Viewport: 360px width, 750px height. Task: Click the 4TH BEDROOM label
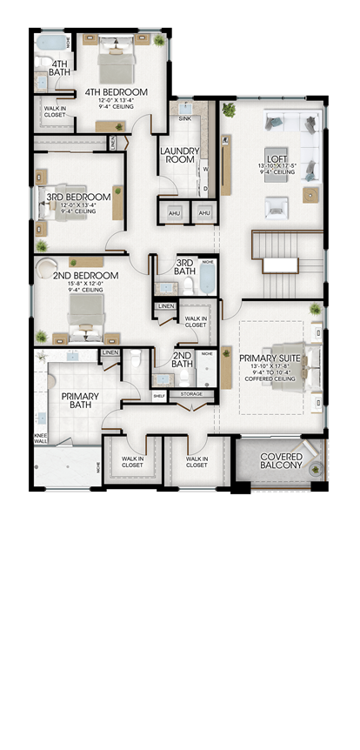pyautogui.click(x=116, y=91)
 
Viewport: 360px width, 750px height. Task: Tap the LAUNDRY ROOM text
pyautogui.click(x=181, y=155)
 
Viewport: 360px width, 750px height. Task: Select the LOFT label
pyautogui.click(x=277, y=157)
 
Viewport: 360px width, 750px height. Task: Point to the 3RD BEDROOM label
pyautogui.click(x=78, y=198)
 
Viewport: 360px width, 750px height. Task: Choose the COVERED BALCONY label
pyautogui.click(x=281, y=460)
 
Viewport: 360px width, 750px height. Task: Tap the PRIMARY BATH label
pyautogui.click(x=80, y=401)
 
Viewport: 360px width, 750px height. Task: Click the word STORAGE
pyautogui.click(x=190, y=394)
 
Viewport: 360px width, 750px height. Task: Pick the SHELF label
pyautogui.click(x=159, y=395)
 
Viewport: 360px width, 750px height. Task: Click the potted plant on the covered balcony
pyautogui.click(x=317, y=448)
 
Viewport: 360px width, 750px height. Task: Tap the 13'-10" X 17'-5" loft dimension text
pyautogui.click(x=277, y=165)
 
